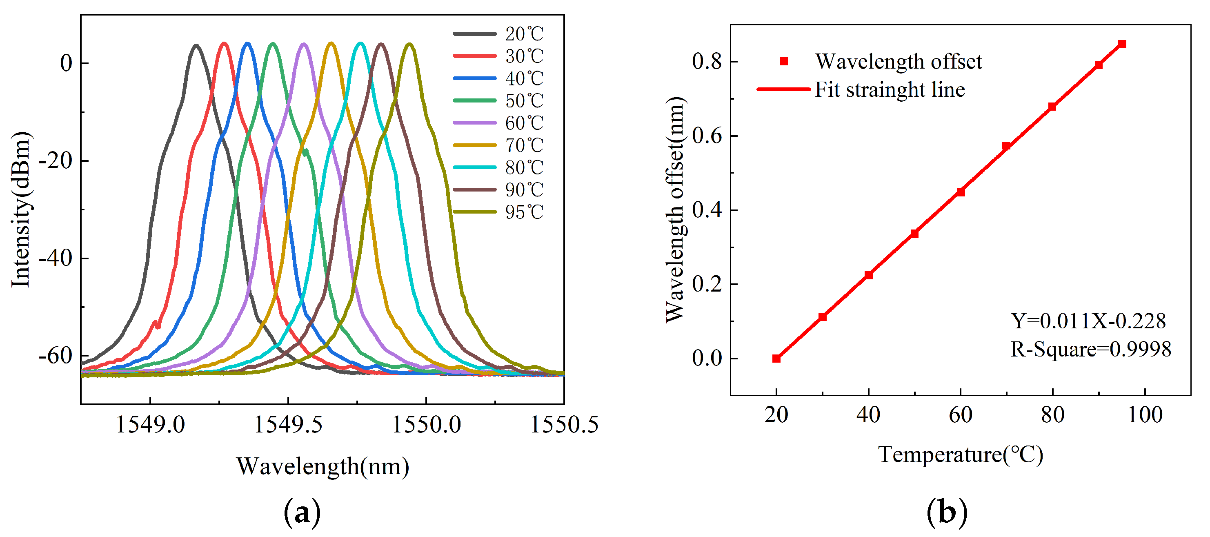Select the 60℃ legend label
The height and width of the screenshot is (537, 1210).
point(524,123)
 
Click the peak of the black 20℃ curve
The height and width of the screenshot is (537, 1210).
point(196,46)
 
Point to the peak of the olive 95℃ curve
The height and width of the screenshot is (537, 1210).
point(409,44)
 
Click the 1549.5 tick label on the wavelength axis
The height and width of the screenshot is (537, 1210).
point(288,425)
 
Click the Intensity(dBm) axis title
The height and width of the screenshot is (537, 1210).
point(21,209)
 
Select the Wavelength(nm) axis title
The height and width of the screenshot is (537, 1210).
point(323,466)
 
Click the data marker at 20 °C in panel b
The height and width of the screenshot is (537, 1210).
point(776,359)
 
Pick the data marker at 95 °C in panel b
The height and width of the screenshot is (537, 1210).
point(1122,44)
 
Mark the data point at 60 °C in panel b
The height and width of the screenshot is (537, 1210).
point(961,192)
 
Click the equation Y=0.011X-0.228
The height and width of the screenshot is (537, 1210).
point(1088,321)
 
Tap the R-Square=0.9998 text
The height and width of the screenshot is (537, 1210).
point(1091,349)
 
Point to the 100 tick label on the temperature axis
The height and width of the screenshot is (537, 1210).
point(1145,415)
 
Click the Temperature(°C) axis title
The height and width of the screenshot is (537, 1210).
point(960,455)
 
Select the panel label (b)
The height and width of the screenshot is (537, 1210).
point(947,512)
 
